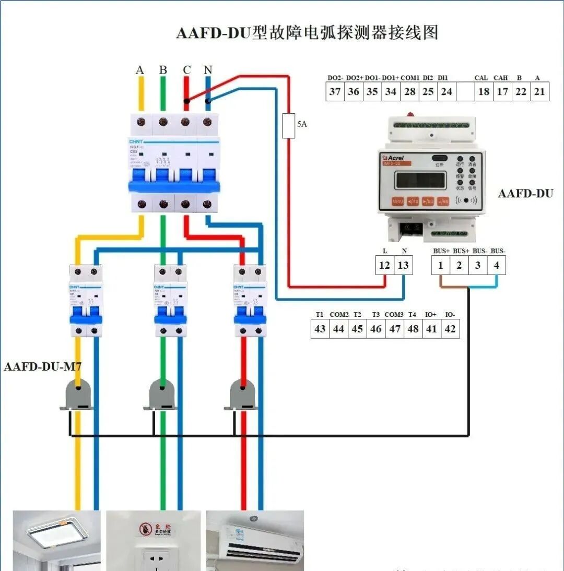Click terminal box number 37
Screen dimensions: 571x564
click(335, 92)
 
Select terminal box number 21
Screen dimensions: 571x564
click(539, 92)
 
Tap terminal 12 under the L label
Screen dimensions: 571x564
click(384, 265)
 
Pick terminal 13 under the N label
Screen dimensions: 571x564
click(403, 265)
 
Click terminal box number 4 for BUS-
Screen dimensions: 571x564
click(496, 265)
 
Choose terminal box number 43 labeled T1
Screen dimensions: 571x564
click(320, 329)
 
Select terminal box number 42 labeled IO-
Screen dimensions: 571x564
click(450, 329)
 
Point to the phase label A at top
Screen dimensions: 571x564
click(139, 70)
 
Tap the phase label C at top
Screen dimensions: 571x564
click(186, 70)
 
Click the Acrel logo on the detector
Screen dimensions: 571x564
click(392, 157)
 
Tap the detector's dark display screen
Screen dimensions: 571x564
click(420, 180)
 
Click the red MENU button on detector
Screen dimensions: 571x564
click(398, 200)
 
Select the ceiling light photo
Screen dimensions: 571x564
click(56, 540)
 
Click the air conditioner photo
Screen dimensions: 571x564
click(254, 540)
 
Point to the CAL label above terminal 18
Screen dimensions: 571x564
click(481, 78)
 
